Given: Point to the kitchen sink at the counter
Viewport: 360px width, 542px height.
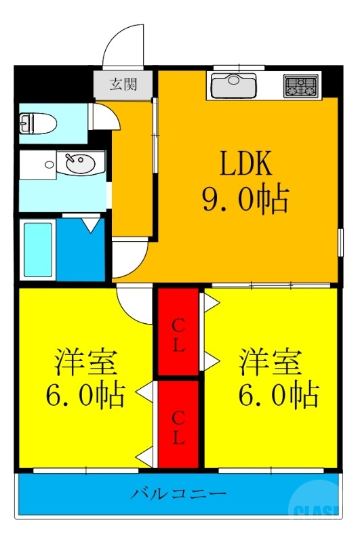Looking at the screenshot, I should click(x=233, y=85).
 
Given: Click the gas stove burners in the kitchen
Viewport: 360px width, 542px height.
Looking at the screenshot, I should click(x=301, y=85).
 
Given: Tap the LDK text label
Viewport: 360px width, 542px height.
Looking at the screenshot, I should click(x=245, y=164).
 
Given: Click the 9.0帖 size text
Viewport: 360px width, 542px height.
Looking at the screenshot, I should click(x=245, y=199).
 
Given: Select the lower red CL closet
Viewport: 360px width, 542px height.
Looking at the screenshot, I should click(x=178, y=424).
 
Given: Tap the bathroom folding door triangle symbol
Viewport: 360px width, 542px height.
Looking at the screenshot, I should click(x=89, y=224).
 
